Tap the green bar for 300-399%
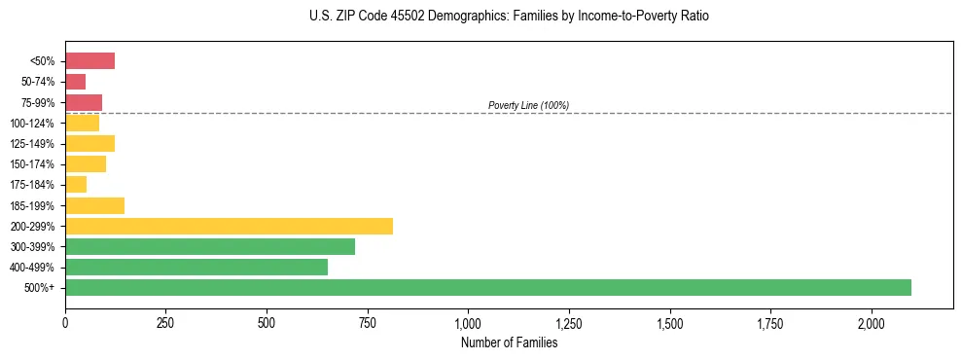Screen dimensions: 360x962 click(210, 246)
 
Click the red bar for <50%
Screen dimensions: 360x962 click(89, 61)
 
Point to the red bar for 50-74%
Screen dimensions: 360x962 click(75, 82)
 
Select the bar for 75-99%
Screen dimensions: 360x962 click(84, 102)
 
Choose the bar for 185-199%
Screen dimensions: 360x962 click(94, 205)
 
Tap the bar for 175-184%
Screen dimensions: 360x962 click(76, 185)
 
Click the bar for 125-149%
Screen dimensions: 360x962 click(89, 143)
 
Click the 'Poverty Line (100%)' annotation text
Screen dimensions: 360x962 click(528, 105)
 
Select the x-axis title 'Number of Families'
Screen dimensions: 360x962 click(509, 342)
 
